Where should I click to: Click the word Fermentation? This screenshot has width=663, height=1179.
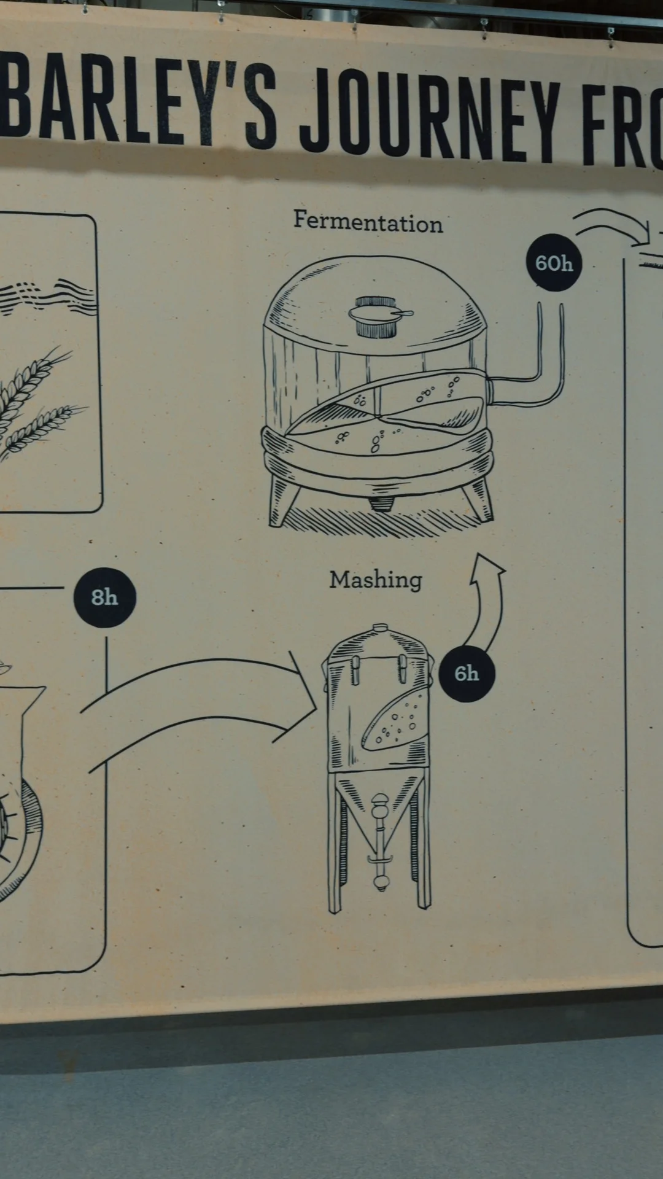(368, 222)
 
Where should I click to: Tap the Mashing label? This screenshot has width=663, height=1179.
(376, 580)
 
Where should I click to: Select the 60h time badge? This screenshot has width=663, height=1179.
(554, 263)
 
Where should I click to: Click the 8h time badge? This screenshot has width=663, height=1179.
(104, 597)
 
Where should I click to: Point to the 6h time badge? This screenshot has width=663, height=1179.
(467, 674)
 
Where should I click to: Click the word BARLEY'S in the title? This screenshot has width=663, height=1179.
(139, 98)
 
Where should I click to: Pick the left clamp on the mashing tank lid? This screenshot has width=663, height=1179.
(355, 670)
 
